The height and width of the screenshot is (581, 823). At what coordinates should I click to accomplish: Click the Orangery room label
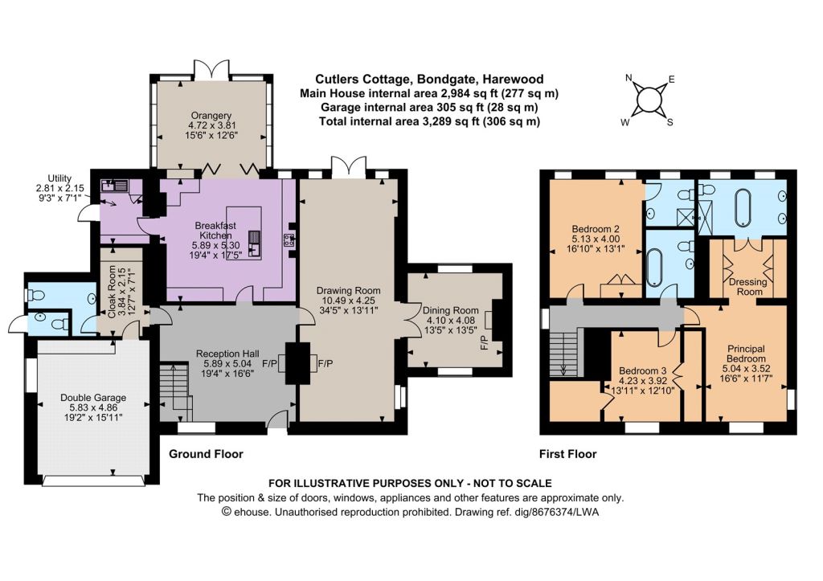click(x=212, y=125)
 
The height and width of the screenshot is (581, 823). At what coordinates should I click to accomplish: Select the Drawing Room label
click(x=348, y=301)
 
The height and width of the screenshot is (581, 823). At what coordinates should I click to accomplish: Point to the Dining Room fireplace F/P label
click(x=485, y=342)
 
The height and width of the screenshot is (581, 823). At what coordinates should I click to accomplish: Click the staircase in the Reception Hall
click(x=176, y=391)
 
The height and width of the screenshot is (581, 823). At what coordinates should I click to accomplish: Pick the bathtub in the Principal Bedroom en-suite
click(x=743, y=207)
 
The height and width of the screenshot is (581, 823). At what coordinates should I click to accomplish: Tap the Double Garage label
click(x=93, y=407)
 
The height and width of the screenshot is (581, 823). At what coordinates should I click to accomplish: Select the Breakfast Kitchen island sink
click(x=255, y=244)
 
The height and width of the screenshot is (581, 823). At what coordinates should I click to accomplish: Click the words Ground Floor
click(x=206, y=454)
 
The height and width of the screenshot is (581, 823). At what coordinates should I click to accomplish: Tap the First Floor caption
click(x=568, y=454)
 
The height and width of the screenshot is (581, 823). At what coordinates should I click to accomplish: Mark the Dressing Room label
click(x=748, y=287)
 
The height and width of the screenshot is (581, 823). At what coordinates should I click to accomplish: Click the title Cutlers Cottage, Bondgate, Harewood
click(x=429, y=80)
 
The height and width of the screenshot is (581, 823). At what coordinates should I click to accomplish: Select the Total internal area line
click(x=429, y=121)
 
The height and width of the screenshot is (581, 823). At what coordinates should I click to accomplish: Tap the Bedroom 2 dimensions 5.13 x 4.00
click(x=596, y=239)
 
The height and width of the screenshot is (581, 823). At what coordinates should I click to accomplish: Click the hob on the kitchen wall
click(x=289, y=240)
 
